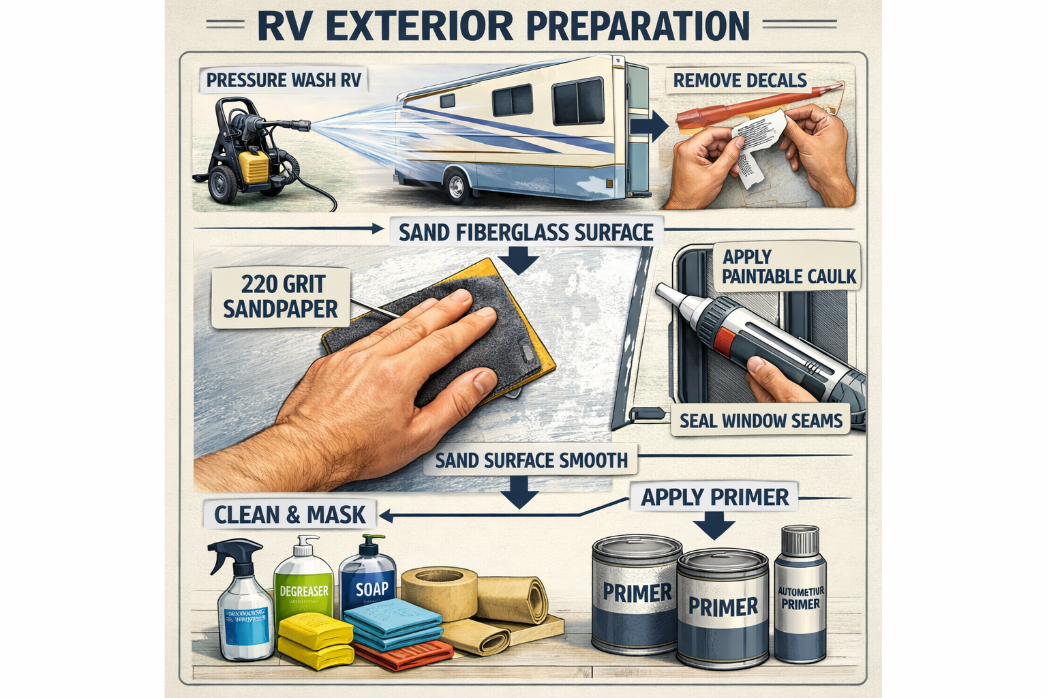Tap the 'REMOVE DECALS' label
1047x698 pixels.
tap(740, 80)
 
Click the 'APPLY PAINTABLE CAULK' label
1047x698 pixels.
tap(789, 267)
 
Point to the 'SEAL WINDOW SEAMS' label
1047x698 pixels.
tap(761, 421)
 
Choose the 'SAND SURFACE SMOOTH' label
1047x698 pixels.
tap(531, 460)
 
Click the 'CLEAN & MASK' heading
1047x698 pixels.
tap(290, 514)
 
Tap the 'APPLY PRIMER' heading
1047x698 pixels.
tap(714, 497)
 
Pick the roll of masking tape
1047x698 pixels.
tap(439, 590)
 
